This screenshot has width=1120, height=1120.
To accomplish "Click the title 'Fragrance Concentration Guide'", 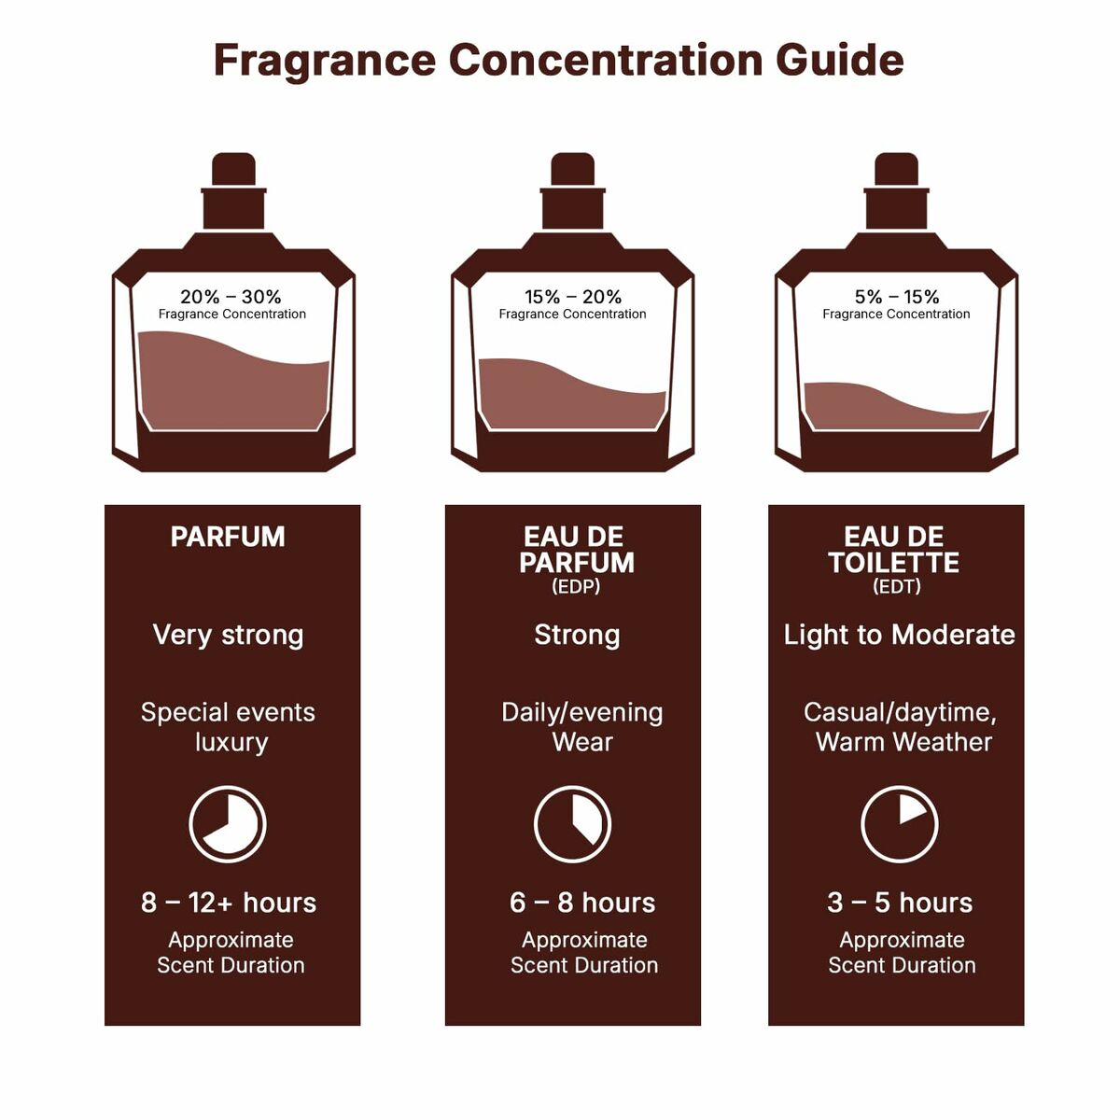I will pos(558,60).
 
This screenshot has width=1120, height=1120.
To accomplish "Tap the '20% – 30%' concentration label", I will pos(231,297).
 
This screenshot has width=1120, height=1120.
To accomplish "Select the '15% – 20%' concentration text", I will pos(572,297).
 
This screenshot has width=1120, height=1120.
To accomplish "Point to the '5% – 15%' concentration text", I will pos(896,297).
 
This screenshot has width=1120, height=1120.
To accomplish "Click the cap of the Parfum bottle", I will pos(233,171).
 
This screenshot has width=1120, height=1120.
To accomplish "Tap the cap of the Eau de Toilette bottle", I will pos(896,171).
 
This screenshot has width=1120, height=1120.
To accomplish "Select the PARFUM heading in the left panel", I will pos(228,537).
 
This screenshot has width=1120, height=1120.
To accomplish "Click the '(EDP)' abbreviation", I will pos(576,587).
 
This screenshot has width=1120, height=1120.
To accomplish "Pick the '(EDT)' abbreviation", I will pos(896,587).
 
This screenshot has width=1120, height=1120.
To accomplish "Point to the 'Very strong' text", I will pos(228,635).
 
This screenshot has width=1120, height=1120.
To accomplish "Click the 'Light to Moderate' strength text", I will pos(899,635).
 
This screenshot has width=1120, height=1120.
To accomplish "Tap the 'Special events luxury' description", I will pos(229,727).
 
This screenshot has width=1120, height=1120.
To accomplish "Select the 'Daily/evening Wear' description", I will pos(581,727).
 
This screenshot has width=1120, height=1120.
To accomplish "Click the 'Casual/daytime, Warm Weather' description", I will pos(901,727).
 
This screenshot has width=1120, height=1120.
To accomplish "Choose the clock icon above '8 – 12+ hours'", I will pos(228,824).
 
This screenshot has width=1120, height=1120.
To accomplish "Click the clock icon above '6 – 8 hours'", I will pos(572,824).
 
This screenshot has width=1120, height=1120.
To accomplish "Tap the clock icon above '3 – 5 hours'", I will pos(899,824).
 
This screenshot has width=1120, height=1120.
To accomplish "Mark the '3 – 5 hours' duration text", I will pos(900,903).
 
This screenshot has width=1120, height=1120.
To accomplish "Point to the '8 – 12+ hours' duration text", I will pos(229,903).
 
